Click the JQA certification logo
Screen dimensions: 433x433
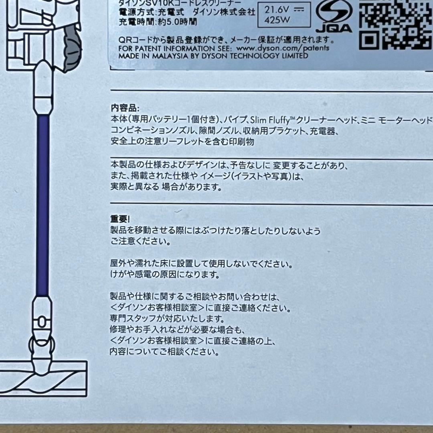[334, 18]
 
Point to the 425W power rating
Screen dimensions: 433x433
[275, 20]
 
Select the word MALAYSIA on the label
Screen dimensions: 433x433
[186, 56]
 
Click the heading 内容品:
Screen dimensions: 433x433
[125, 108]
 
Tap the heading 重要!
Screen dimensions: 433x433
[120, 219]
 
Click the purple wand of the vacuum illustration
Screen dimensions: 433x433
[42, 204]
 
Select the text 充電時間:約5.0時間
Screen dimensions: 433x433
[158, 22]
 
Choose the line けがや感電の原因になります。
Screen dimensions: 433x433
[165, 275]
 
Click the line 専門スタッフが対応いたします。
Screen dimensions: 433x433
[167, 319]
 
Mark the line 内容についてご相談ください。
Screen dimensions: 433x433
[164, 352]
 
